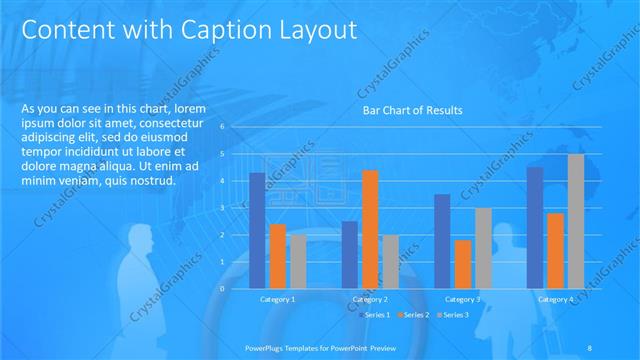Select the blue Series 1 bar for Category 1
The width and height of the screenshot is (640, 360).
coord(257,230)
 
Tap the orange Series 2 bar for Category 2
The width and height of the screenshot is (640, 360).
coord(370,228)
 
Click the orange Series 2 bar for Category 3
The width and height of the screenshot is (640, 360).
coord(463,263)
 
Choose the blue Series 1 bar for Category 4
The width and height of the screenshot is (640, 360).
coord(535,227)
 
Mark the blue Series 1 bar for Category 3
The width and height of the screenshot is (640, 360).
coord(442,240)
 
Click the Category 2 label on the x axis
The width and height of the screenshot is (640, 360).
coord(370,299)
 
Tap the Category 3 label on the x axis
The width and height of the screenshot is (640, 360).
coord(463,299)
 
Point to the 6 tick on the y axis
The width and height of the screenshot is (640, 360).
coord(235,127)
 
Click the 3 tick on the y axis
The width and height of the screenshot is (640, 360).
coord(235,207)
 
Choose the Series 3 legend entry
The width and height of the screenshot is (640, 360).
coord(455,315)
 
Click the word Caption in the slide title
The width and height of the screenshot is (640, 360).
coord(213,31)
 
